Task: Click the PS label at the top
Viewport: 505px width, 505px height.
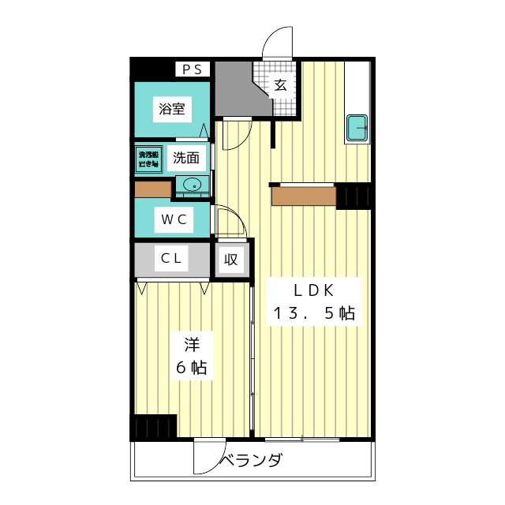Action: (192, 69)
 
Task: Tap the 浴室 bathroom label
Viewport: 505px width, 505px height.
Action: (172, 109)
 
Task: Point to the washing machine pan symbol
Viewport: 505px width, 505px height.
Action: (148, 156)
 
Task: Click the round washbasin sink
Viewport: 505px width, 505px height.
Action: (191, 185)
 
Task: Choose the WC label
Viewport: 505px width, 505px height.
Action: (174, 219)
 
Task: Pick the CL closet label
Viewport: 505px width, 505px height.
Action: (173, 258)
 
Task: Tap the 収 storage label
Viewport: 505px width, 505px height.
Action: (230, 259)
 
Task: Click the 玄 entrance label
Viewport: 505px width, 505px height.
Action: (280, 86)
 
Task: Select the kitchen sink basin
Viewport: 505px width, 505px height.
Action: (357, 126)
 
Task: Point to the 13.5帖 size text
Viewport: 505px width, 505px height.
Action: (313, 312)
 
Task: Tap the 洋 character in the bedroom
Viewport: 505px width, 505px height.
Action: (192, 344)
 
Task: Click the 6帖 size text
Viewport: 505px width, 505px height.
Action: (192, 368)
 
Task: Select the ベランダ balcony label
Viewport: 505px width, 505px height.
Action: (251, 461)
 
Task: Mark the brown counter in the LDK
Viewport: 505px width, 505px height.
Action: (304, 195)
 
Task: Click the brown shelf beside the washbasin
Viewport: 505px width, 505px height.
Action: (153, 189)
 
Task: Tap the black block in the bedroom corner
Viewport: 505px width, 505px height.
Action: (155, 427)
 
